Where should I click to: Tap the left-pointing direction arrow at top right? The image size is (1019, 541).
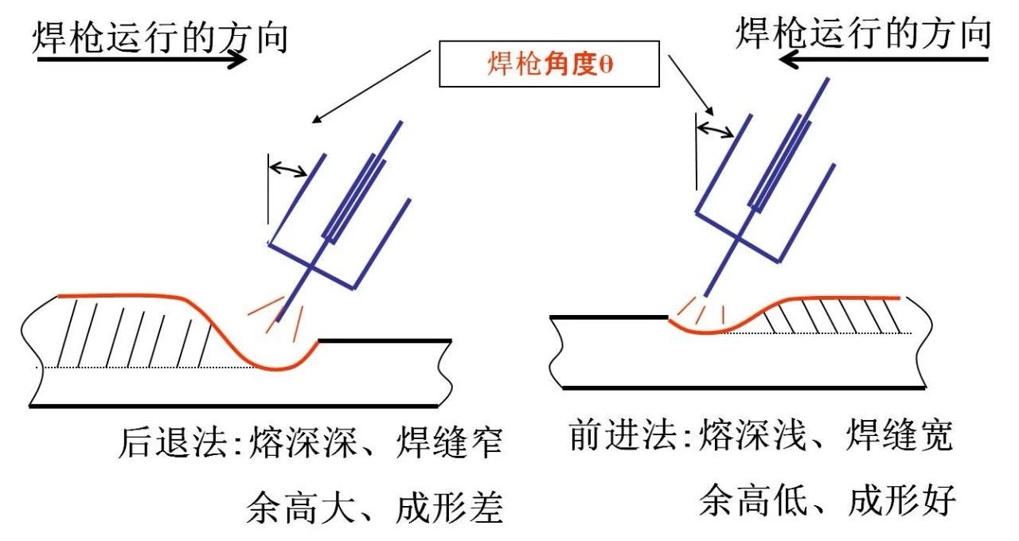click(x=884, y=59)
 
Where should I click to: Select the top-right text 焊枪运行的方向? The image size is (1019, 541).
click(x=863, y=33)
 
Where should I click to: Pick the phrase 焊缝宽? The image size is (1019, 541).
click(x=900, y=436)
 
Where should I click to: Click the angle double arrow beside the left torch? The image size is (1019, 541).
click(x=289, y=168)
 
